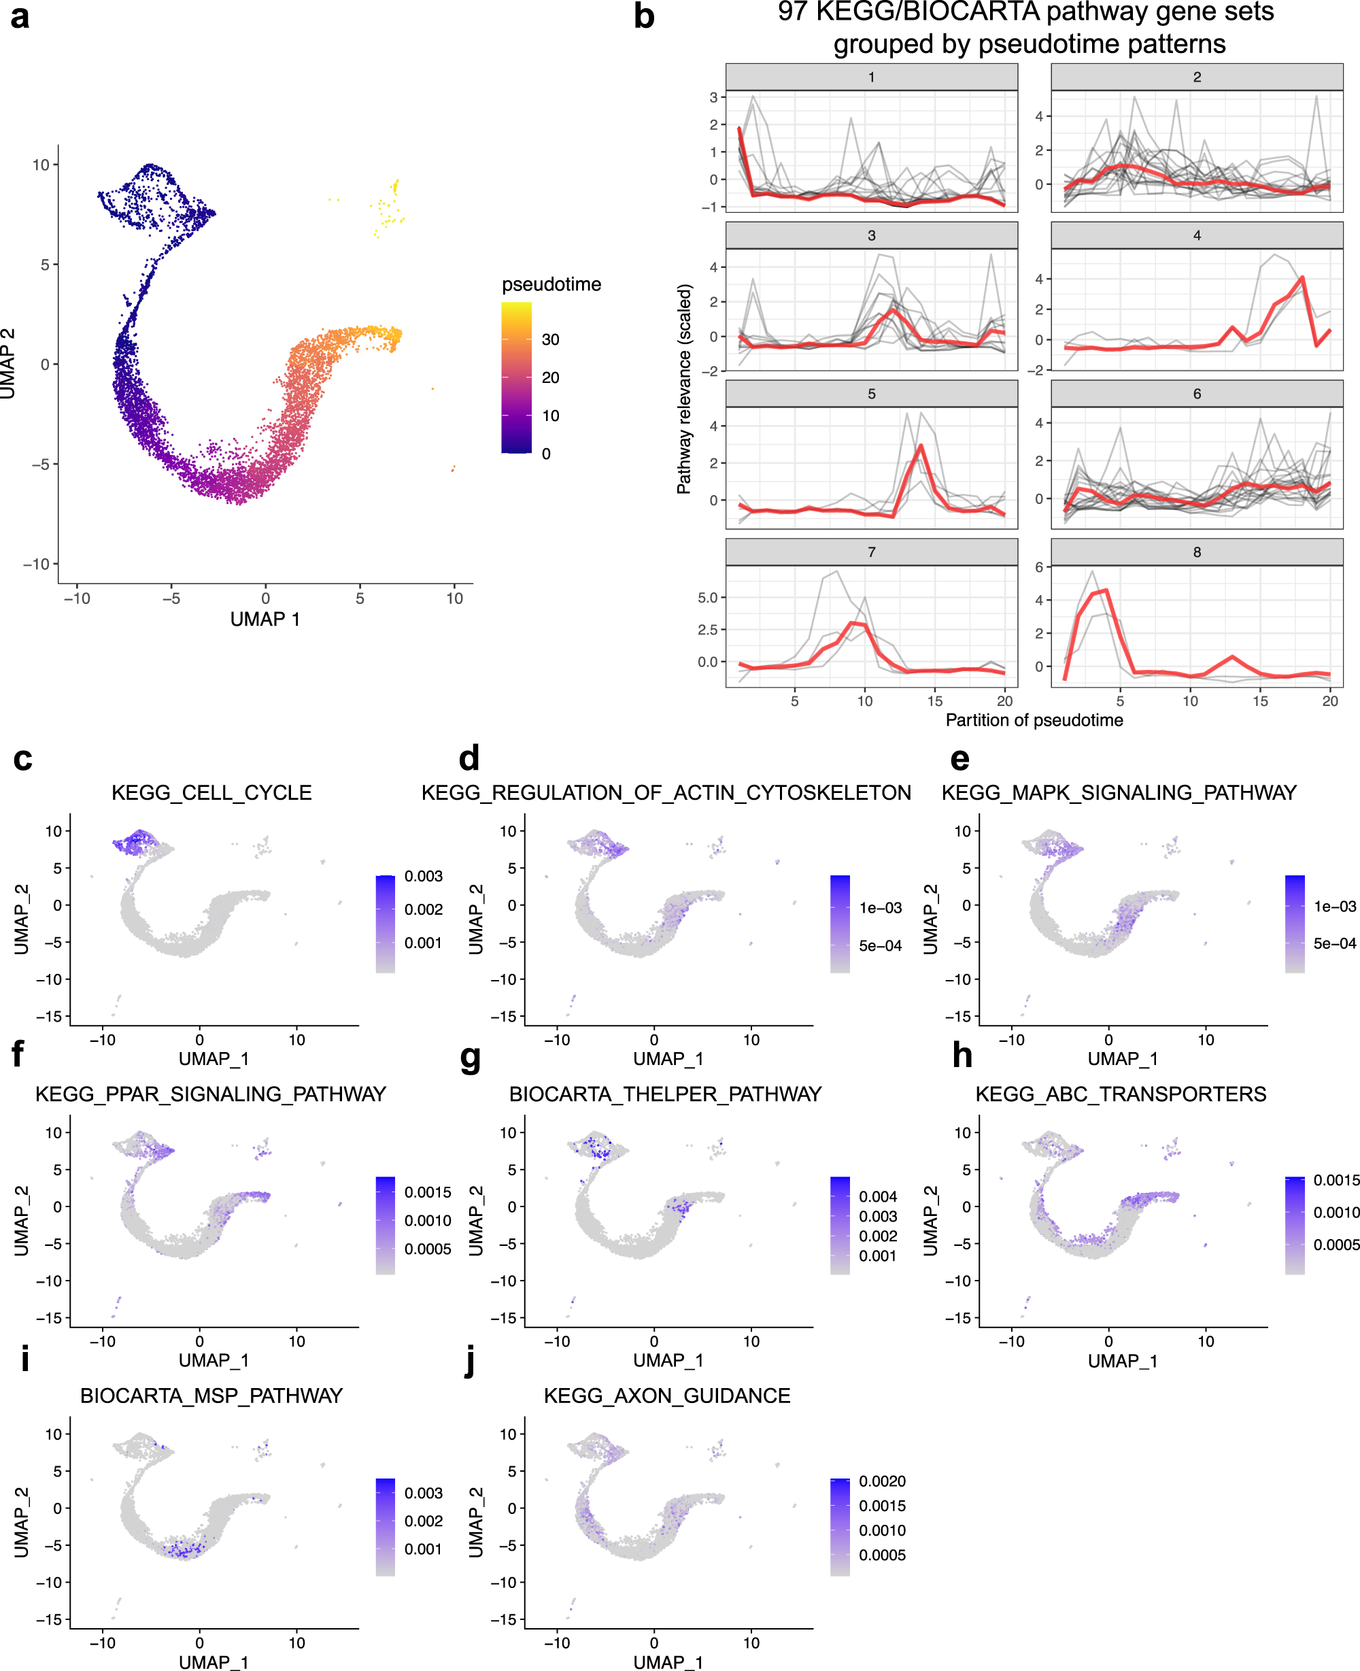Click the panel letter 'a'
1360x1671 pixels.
tap(20, 17)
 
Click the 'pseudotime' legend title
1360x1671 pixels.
tap(551, 284)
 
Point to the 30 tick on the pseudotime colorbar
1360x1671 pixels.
tap(550, 339)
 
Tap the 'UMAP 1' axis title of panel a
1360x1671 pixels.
tap(265, 619)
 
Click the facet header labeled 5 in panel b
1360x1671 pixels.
tap(871, 394)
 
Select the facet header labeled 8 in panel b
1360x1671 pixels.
tap(1196, 552)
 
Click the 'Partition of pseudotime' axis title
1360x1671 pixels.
tap(1034, 720)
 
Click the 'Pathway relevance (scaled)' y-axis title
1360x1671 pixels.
tap(684, 388)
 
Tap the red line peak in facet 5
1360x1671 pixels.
tap(921, 445)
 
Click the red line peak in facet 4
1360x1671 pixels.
tap(1302, 277)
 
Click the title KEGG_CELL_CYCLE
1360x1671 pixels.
tap(211, 793)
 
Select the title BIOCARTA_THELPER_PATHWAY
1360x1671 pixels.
tap(665, 1094)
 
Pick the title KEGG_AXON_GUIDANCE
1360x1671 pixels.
tap(666, 1396)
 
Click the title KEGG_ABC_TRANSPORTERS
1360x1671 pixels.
tap(1120, 1094)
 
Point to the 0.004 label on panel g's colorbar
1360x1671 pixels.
tap(877, 1196)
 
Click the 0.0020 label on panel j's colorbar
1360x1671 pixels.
tap(882, 1481)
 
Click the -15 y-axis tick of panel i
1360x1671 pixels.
tap(51, 1619)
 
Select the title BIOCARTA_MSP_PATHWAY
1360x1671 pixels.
tap(211, 1396)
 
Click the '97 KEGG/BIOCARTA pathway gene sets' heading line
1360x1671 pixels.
tap(1025, 12)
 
